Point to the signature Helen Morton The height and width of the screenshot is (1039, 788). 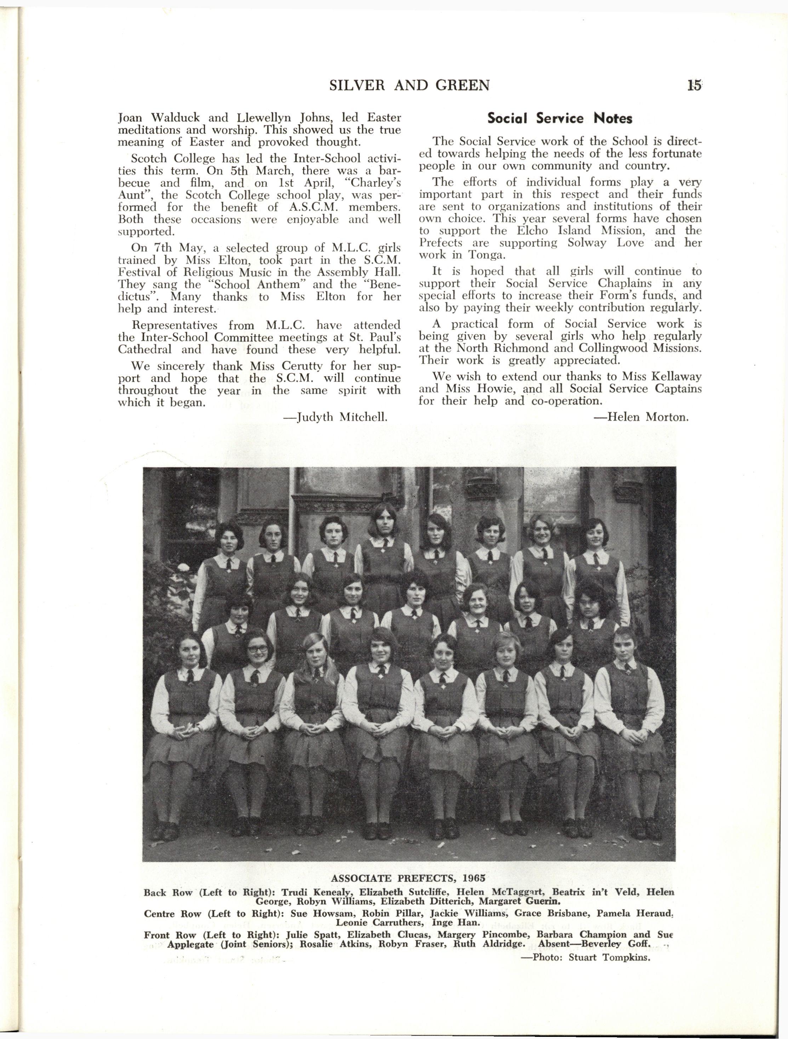pyautogui.click(x=648, y=417)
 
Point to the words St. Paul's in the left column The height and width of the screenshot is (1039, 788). pyautogui.click(x=381, y=337)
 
